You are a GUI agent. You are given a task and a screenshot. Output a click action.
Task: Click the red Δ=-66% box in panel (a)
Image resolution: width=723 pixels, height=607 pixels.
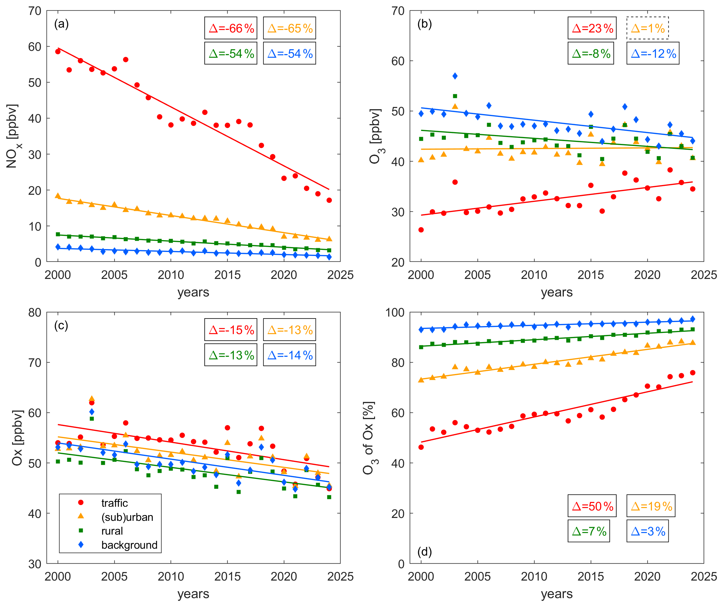click(x=231, y=28)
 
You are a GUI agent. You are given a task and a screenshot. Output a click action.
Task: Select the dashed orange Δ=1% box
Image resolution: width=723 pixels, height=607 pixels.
click(x=647, y=28)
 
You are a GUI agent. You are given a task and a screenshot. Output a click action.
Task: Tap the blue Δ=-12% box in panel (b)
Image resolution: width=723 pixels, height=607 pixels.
click(x=653, y=53)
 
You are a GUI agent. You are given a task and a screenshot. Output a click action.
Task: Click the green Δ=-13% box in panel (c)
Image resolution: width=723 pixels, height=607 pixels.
click(x=231, y=355)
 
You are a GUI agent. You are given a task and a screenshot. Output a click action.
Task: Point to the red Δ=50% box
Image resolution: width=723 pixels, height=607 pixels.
click(x=592, y=506)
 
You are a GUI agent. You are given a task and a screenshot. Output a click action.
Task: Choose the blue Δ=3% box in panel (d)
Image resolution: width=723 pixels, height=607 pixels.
click(x=647, y=531)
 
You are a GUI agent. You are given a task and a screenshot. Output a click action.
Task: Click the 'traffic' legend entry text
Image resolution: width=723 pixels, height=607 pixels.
click(x=114, y=503)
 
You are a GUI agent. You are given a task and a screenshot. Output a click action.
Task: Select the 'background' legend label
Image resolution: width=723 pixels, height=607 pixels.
click(x=129, y=545)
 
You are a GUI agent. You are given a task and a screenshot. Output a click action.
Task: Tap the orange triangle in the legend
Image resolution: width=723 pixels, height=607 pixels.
click(x=81, y=516)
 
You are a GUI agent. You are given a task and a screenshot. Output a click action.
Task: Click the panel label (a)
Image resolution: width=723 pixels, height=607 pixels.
click(x=61, y=24)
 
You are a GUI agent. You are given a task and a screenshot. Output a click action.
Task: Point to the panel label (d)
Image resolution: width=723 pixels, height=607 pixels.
click(x=424, y=552)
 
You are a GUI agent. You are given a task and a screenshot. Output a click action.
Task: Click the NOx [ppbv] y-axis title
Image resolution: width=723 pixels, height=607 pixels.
click(x=12, y=136)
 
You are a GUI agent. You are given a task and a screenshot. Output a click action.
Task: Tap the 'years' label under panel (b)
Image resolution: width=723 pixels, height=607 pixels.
click(x=556, y=292)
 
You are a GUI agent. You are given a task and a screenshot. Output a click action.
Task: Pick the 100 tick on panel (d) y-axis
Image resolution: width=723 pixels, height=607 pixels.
click(x=395, y=313)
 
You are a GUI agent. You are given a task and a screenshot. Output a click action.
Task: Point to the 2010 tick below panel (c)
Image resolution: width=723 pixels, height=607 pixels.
click(x=171, y=576)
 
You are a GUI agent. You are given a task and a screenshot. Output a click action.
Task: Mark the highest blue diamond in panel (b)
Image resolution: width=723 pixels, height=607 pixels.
click(x=455, y=76)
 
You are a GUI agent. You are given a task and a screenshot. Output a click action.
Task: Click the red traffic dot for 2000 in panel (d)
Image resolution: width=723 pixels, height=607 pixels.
click(x=421, y=447)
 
